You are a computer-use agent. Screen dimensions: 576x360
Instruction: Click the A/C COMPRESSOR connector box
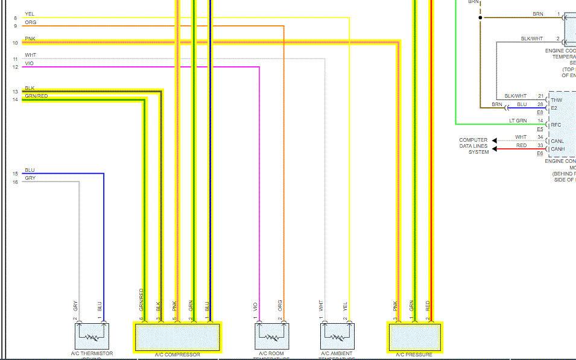tap(177, 337)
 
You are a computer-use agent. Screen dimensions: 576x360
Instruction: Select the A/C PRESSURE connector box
tap(414, 337)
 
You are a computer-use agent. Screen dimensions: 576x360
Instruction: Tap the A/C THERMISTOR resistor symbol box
tap(92, 336)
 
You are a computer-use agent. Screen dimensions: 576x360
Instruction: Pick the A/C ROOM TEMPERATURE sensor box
tap(272, 336)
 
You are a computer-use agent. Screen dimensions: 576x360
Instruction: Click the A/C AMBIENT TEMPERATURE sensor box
tap(337, 336)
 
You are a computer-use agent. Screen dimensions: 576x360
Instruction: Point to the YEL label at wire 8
tap(30, 14)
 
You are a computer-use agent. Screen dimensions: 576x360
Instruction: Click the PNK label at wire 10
tap(30, 39)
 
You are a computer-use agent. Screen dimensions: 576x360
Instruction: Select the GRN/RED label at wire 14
tap(36, 96)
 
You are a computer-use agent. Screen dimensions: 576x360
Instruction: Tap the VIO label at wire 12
tap(30, 63)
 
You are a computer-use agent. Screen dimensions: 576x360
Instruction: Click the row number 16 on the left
tap(15, 182)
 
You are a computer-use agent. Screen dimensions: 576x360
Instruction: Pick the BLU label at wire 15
tap(30, 170)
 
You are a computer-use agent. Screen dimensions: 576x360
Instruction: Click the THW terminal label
tap(556, 99)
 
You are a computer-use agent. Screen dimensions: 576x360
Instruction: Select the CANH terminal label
tap(558, 149)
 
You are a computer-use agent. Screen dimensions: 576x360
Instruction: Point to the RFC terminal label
tap(556, 125)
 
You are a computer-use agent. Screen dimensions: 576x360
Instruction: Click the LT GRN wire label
tap(517, 121)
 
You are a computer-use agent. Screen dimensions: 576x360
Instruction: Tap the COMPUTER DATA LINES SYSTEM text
tap(473, 146)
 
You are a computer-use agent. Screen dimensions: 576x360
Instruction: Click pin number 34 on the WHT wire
tap(540, 137)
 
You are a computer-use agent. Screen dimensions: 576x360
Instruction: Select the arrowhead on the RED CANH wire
tap(495, 149)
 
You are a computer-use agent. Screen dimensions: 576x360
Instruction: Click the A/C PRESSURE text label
tap(414, 355)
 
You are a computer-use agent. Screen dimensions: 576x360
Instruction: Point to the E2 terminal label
tap(554, 107)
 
